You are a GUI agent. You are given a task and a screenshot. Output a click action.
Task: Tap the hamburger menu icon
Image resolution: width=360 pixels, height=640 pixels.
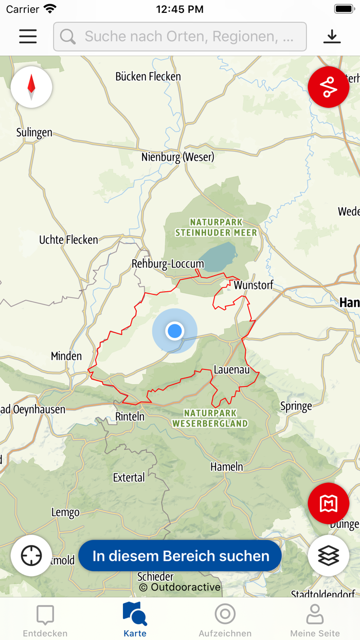pyautogui.click(x=28, y=36)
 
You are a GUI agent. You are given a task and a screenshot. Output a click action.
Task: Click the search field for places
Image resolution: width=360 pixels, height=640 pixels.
pyautogui.click(x=180, y=37)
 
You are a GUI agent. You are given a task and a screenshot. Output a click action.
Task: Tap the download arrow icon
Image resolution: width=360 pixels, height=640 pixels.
pyautogui.click(x=332, y=36)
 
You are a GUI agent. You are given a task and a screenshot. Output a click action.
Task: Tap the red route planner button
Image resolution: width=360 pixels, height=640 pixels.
pyautogui.click(x=329, y=87)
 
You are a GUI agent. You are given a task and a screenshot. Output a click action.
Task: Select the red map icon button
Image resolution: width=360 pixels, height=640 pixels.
pyautogui.click(x=329, y=503)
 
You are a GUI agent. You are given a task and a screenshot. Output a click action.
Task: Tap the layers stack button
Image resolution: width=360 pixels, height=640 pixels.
pyautogui.click(x=329, y=556)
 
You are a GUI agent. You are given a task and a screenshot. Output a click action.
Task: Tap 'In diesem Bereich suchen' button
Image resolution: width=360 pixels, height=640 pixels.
pyautogui.click(x=181, y=556)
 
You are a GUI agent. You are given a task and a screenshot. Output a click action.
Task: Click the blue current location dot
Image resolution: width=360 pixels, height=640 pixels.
pyautogui.click(x=175, y=331)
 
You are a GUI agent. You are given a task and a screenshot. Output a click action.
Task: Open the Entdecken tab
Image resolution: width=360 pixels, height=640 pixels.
pyautogui.click(x=45, y=620)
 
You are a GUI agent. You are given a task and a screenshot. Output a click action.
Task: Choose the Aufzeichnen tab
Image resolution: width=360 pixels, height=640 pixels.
pyautogui.click(x=225, y=620)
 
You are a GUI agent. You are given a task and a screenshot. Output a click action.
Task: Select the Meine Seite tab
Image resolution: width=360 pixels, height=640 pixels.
pyautogui.click(x=315, y=620)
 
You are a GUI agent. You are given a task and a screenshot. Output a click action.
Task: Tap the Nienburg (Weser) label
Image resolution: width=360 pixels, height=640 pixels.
pyautogui.click(x=178, y=157)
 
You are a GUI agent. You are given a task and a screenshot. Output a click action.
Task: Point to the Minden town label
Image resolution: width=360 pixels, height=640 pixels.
pyautogui.click(x=66, y=356)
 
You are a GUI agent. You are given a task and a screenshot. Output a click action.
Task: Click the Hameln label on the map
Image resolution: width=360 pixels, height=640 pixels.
pyautogui.click(x=227, y=467)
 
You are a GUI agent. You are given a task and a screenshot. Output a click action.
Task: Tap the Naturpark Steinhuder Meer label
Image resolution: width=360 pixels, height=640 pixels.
pyautogui.click(x=216, y=227)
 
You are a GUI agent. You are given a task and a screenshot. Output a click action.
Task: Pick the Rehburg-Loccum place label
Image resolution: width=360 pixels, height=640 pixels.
pyautogui.click(x=168, y=264)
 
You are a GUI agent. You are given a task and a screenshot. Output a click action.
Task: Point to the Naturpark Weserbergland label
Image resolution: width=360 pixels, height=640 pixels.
pyautogui.click(x=210, y=418)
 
